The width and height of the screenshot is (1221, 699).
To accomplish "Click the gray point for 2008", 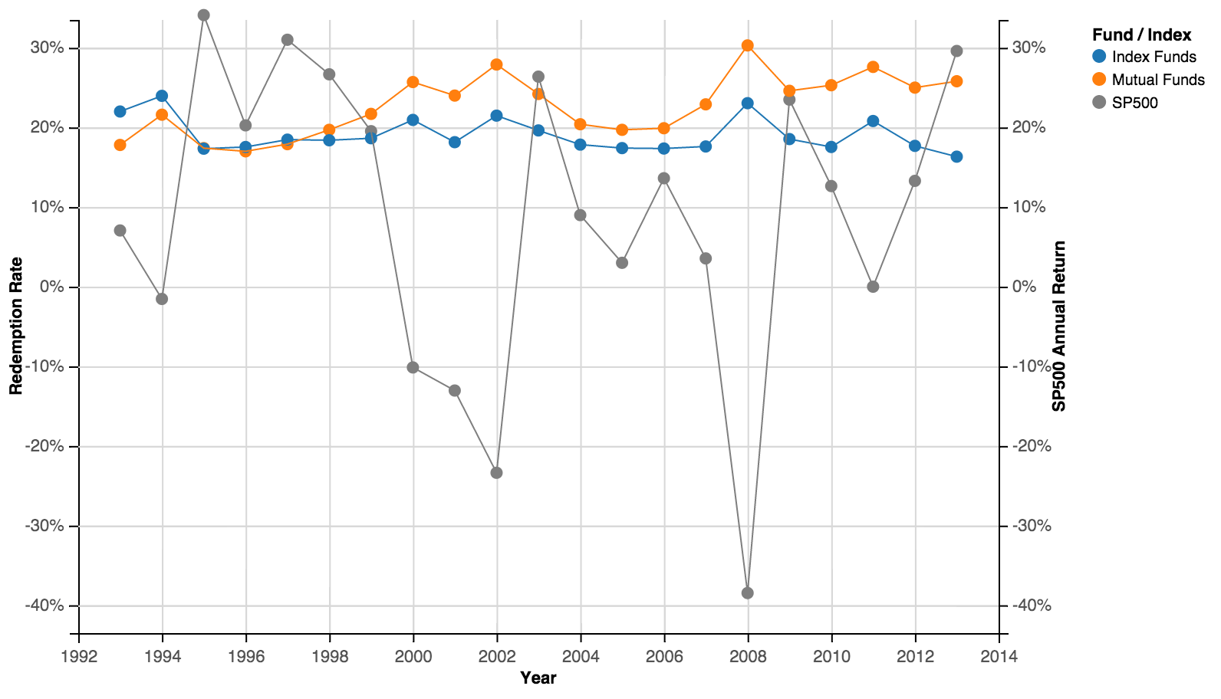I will point(748,592).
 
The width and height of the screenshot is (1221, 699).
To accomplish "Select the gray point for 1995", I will point(204,15).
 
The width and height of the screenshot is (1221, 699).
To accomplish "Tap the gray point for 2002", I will point(496,473).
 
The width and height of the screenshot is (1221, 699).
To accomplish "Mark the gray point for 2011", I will point(873,287).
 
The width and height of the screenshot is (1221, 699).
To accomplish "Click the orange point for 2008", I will point(748,46).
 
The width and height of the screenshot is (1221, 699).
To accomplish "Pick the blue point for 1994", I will point(162,96).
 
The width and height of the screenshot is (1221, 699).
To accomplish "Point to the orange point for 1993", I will point(120,145).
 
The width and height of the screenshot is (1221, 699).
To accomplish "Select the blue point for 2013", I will point(956,157).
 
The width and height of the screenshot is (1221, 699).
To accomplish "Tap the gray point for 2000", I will point(413,367).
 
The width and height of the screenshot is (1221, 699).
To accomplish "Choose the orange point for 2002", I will point(496,64).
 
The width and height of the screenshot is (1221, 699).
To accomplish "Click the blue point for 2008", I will point(748,103).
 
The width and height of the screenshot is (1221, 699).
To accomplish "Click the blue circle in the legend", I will point(1099,56).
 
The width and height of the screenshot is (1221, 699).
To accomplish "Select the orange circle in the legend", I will point(1099,79).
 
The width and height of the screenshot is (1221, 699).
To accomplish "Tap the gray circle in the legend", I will point(1099,102).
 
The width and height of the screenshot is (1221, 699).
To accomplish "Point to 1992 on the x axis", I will point(79,657).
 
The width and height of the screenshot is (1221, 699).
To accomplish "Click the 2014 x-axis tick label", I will point(999,657).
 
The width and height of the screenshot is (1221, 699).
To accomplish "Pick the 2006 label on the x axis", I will point(664,657).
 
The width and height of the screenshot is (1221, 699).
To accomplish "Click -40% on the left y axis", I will point(44,605).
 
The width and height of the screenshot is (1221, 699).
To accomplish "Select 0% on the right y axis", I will point(1025,287).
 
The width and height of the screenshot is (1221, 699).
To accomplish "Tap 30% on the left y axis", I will point(48,48).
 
